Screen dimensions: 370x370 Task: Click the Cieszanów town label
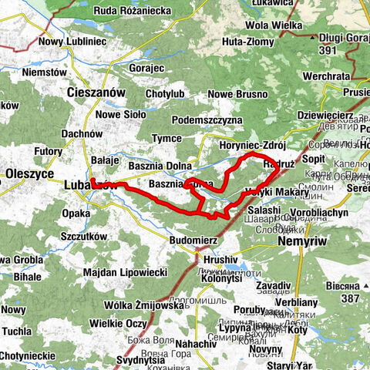(x=96, y=92)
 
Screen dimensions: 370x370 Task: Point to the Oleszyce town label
(x=28, y=173)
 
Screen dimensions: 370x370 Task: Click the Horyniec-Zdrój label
(x=252, y=145)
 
